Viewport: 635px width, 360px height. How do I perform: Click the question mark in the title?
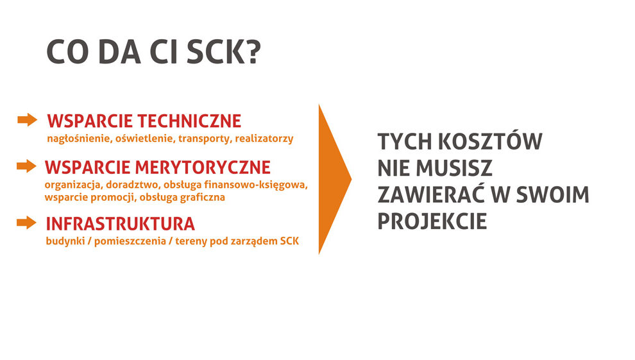(253, 52)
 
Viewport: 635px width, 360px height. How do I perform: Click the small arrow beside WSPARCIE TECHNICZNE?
(28, 120)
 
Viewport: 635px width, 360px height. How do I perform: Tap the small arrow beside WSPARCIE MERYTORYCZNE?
(27, 166)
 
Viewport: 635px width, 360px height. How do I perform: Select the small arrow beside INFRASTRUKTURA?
(27, 223)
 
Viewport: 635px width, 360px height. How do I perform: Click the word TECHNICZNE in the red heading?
(189, 121)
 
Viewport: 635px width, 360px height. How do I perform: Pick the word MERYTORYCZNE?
(203, 167)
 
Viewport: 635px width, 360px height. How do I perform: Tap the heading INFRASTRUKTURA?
(121, 224)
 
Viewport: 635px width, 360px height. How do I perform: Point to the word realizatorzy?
(264, 139)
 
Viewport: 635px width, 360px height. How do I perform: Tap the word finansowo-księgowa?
(256, 185)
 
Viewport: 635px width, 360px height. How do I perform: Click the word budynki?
(65, 241)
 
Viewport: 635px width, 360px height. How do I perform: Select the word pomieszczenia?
(130, 241)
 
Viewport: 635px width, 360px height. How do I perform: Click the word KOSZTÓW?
(490, 141)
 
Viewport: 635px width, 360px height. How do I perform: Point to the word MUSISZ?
(454, 168)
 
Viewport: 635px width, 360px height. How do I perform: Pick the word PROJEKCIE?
(432, 221)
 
